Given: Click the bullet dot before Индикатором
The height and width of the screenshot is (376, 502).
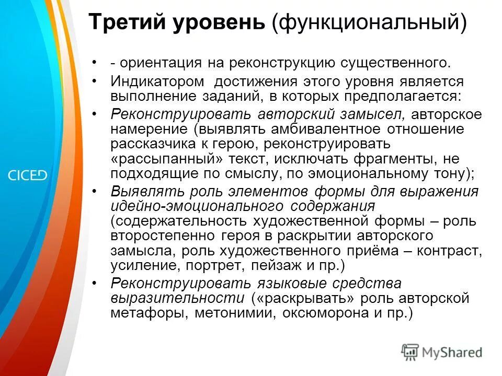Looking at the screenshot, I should [94, 82].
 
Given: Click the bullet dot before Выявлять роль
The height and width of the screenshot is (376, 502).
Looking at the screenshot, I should [94, 192].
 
